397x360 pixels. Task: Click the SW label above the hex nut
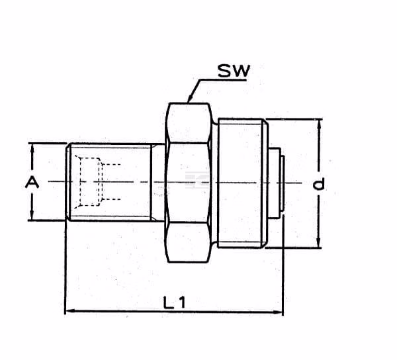[x=234, y=71]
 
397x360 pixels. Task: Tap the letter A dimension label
[x=32, y=182]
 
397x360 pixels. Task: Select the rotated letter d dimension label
[x=318, y=184]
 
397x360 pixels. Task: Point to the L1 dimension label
[x=175, y=302]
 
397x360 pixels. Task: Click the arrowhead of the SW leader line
[x=190, y=99]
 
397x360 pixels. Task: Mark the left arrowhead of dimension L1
[x=69, y=310]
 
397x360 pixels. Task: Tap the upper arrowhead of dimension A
[x=32, y=148]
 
